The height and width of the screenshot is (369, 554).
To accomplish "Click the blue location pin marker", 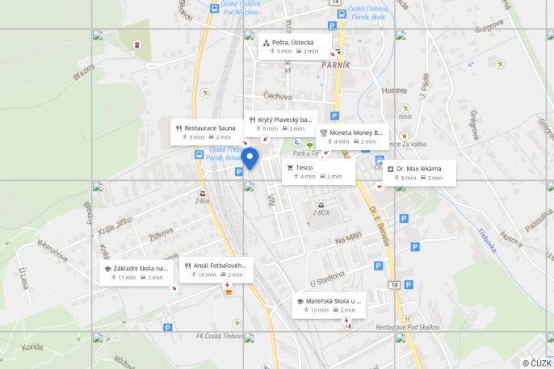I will [x=250, y=158].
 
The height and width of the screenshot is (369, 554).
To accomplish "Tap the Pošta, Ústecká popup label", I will [x=295, y=46].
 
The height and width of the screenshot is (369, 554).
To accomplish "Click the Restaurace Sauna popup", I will [x=208, y=132].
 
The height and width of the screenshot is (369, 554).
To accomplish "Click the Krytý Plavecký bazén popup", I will [x=281, y=124].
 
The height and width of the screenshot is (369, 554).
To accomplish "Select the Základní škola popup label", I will [x=136, y=272].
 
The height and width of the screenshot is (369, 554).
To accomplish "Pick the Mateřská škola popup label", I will [x=329, y=304].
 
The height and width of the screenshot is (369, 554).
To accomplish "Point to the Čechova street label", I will [x=277, y=96].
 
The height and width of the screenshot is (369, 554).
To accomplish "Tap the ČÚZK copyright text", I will [x=536, y=363].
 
